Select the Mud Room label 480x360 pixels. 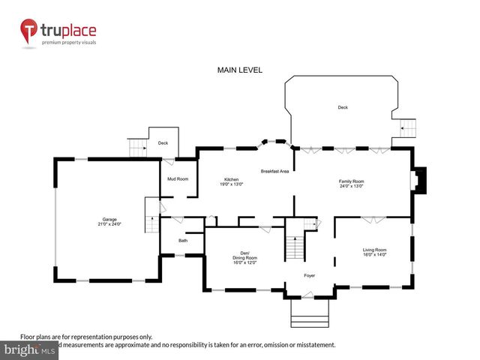(x=178, y=178)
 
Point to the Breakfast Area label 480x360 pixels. (x=275, y=172)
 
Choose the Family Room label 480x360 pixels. (x=351, y=181)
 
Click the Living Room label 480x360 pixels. (x=374, y=250)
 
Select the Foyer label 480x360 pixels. (x=309, y=275)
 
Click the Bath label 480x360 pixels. (x=183, y=241)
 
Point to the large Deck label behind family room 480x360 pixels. (x=343, y=107)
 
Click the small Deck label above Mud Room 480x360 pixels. (x=162, y=142)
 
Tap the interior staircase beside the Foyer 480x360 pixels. (x=295, y=244)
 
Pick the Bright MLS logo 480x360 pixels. (x=30, y=349)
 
